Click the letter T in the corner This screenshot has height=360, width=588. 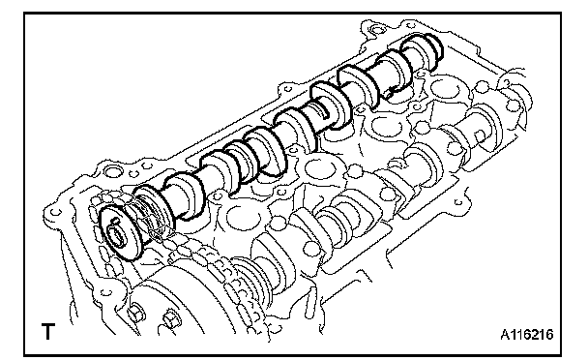47,331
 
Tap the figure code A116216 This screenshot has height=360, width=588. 526,334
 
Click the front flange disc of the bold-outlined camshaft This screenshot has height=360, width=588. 119,232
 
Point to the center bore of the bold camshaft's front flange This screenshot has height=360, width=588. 117,237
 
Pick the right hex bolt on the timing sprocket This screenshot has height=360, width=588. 169,318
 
